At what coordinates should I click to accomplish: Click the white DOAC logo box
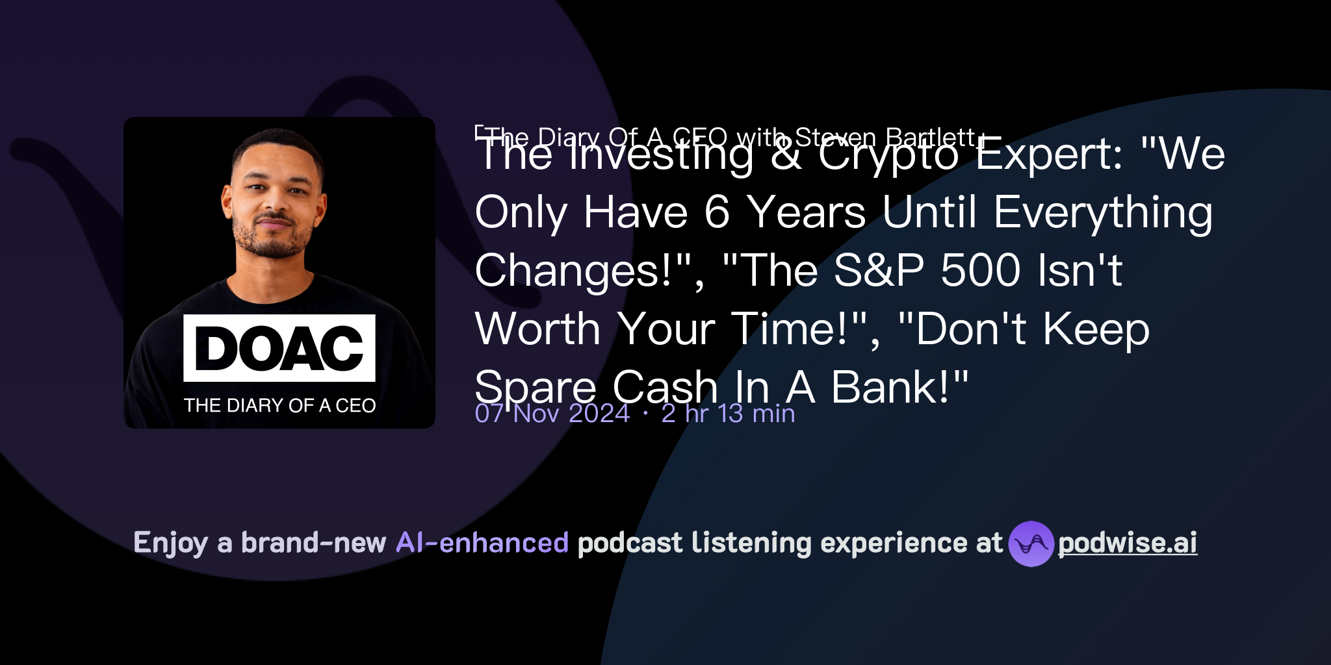pos(279,348)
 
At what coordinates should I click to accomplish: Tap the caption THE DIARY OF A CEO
pos(279,405)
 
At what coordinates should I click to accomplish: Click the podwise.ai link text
pos(1127,543)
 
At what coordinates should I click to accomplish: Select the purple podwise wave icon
pos(1031,544)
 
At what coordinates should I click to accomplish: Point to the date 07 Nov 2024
pos(552,414)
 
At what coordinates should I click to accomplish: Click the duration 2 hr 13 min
pos(728,414)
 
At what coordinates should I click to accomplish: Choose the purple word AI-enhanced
pos(482,543)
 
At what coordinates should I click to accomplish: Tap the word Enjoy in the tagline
pos(170,543)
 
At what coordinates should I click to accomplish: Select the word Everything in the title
pos(1103,212)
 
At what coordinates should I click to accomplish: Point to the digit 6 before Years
pos(717,212)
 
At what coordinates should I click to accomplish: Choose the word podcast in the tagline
pos(630,543)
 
